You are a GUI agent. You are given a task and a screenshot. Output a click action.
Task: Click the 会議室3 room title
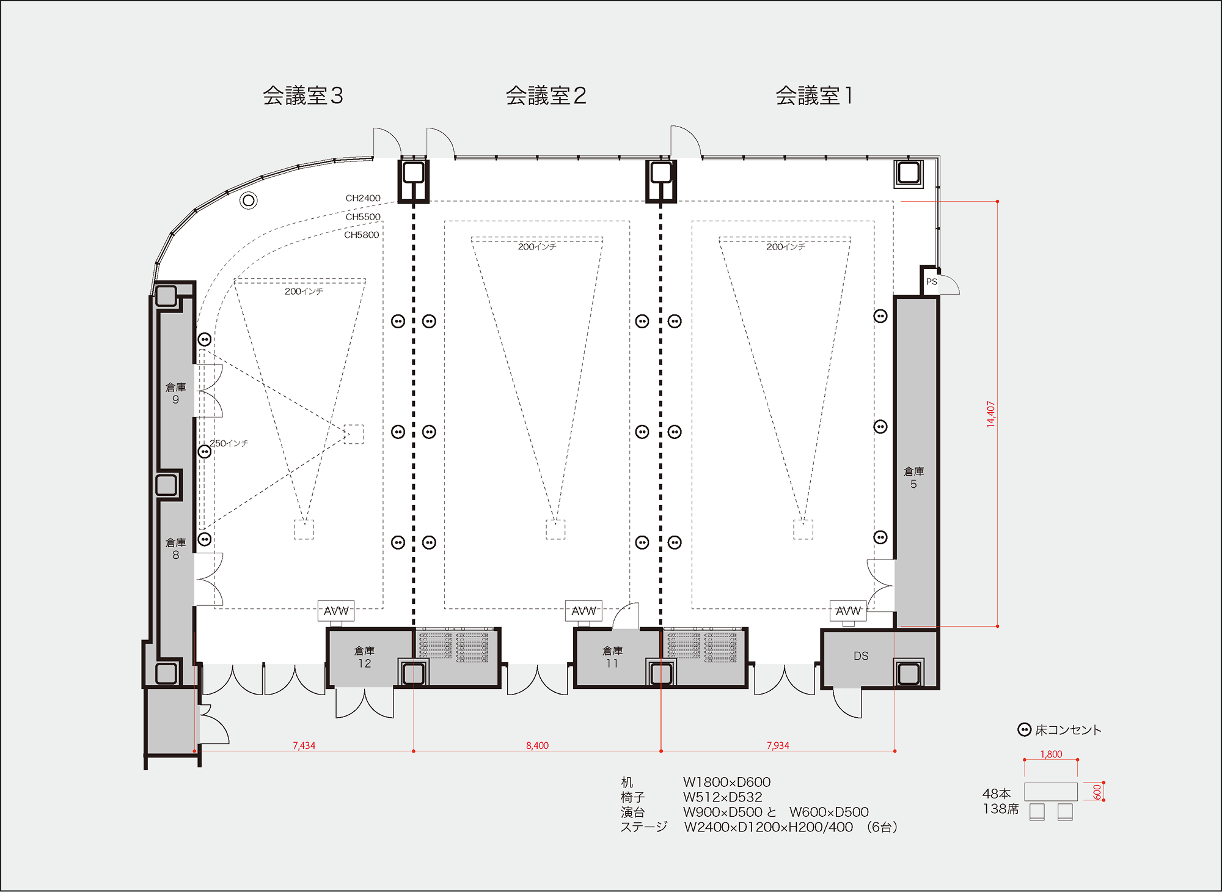click(303, 96)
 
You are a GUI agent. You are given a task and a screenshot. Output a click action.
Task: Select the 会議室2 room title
click(546, 96)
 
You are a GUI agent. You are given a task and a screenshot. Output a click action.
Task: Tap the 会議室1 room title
click(814, 96)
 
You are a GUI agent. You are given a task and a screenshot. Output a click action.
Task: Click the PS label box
click(931, 282)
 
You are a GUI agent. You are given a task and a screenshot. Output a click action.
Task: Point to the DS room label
click(861, 656)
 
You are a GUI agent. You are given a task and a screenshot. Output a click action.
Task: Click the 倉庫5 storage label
click(913, 477)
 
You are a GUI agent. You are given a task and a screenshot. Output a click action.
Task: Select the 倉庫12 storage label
click(365, 657)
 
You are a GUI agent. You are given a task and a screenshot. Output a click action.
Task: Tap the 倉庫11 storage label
click(612, 657)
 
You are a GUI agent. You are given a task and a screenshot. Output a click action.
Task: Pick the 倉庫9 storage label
click(175, 393)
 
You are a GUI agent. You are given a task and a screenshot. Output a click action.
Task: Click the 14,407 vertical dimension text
click(990, 414)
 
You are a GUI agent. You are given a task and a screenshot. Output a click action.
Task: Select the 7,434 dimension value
click(304, 745)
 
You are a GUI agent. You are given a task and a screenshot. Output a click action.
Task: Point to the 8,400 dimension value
click(537, 745)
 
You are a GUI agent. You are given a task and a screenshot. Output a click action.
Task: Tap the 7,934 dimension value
click(778, 745)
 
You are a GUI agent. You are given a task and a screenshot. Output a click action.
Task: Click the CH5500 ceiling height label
click(363, 216)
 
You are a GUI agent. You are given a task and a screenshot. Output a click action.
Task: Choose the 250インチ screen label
click(229, 443)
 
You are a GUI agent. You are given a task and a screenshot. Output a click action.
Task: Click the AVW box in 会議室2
click(584, 611)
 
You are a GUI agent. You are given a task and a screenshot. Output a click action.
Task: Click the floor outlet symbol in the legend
click(1024, 729)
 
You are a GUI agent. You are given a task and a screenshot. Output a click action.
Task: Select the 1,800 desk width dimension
click(1051, 754)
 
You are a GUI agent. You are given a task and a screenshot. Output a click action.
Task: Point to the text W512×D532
click(722, 797)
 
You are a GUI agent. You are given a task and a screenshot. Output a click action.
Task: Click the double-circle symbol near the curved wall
click(248, 200)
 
